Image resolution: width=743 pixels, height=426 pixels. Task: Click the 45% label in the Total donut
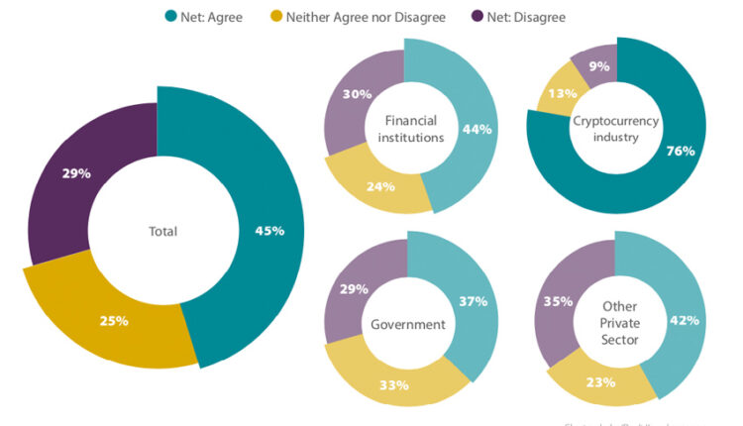pos(268,231)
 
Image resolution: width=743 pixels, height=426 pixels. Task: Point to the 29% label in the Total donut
pos(76,173)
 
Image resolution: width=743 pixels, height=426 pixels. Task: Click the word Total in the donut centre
pos(162,232)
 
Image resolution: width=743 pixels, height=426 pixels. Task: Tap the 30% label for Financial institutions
pos(359,94)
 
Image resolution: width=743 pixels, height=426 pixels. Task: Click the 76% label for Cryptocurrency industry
pos(681,152)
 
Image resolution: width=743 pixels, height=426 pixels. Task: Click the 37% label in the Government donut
pos(471,301)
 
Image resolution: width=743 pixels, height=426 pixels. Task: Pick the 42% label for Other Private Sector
pos(685,320)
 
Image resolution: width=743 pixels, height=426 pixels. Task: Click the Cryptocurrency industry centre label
pos(617,129)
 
